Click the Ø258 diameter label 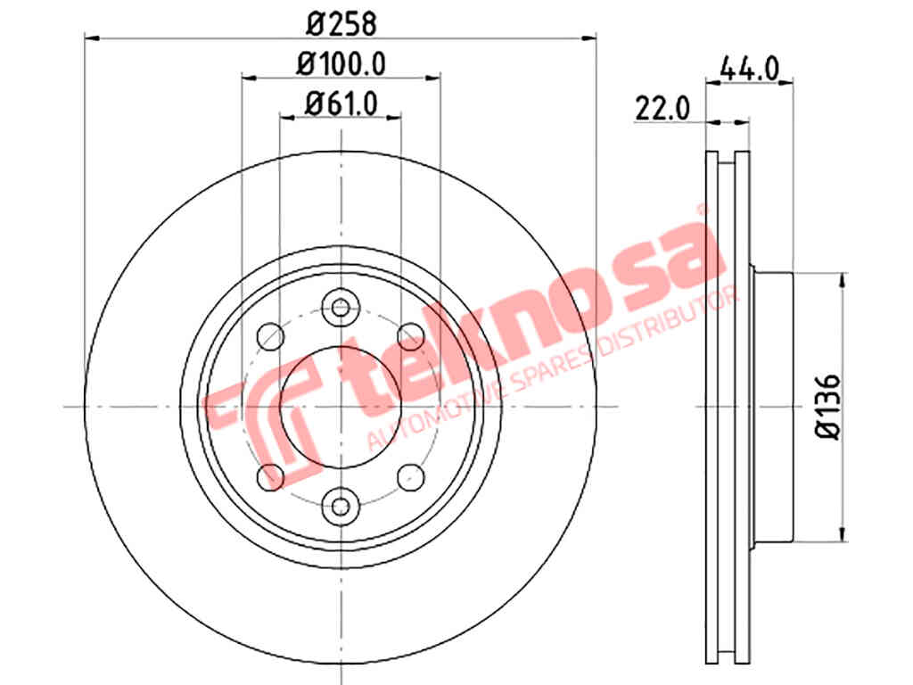point(341,24)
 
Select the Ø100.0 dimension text point(341,63)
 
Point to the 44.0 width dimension point(749,70)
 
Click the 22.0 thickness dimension point(662,108)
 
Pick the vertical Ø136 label point(827,407)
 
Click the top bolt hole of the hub point(341,308)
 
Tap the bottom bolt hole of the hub point(341,507)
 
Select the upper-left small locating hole point(270,336)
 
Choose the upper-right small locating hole point(410,336)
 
